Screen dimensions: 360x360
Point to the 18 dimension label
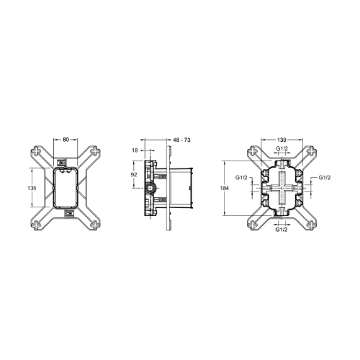[135, 150]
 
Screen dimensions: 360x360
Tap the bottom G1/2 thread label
[283, 231]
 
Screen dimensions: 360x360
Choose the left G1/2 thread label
[242, 177]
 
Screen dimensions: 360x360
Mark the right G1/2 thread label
[324, 177]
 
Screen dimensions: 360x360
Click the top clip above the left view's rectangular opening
[66, 161]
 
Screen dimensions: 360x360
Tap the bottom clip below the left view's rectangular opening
[66, 212]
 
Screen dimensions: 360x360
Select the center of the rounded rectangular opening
[66, 186]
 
